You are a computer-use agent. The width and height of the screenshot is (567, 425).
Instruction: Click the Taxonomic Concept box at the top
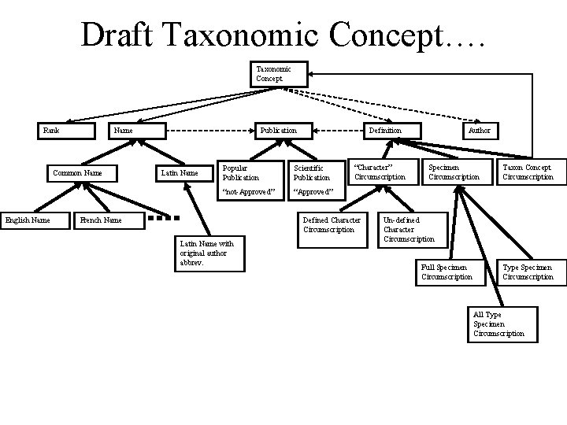[272, 74]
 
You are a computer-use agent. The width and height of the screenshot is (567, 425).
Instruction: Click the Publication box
[280, 131]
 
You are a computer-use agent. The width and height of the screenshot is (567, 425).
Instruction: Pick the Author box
[480, 131]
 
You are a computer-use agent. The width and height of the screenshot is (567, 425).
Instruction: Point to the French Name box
[109, 220]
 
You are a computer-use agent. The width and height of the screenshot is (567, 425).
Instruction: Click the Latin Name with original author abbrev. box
[209, 253]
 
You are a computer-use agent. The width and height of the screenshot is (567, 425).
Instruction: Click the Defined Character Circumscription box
[332, 229]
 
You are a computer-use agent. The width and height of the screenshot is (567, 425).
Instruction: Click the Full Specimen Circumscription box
[449, 272]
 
